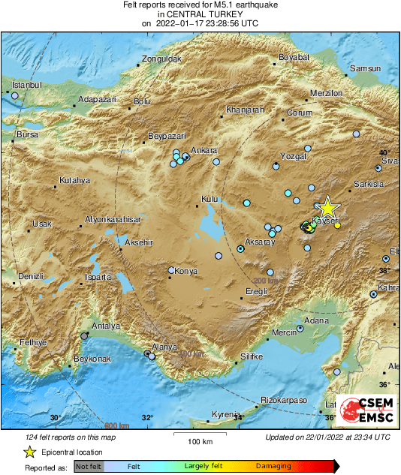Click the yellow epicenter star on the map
point(327,208)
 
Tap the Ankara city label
point(204,151)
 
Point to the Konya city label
point(185,271)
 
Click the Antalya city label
point(105,326)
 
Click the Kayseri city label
point(327,222)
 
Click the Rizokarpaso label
point(285,401)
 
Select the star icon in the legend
point(29,452)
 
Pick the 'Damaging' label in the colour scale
point(273,467)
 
